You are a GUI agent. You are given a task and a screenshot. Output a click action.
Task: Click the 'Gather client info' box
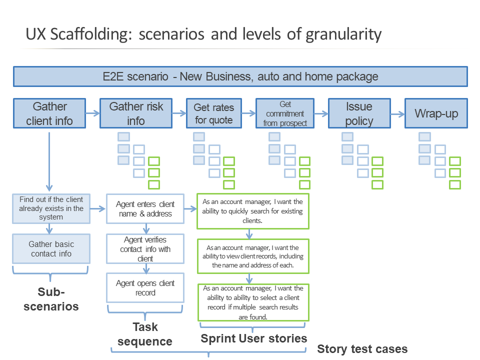[49, 113]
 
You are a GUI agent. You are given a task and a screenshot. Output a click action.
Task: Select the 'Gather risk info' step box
[135, 113]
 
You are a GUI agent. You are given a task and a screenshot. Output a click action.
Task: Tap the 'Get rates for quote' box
[213, 114]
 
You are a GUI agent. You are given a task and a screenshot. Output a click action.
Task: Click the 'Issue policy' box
[359, 114]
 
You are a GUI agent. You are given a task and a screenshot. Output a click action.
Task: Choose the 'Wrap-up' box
[436, 114]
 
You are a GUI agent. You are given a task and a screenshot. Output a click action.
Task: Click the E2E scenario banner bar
[240, 76]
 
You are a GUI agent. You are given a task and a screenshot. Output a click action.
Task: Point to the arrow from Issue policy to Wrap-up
[397, 114]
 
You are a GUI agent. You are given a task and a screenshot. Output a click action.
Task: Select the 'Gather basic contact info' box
[50, 249]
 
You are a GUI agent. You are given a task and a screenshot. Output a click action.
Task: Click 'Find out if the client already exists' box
[50, 208]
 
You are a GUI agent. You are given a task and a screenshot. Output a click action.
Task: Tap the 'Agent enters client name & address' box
[145, 209]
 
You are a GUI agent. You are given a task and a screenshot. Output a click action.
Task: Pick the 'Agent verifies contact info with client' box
[145, 249]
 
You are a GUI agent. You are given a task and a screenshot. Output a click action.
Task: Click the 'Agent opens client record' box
[145, 287]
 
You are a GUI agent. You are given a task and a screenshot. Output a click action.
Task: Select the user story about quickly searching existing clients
[253, 210]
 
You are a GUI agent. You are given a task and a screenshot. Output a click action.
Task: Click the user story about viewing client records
[253, 256]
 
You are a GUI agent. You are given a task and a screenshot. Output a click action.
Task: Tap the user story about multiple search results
[253, 302]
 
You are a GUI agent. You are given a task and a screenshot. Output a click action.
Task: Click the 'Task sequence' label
[145, 334]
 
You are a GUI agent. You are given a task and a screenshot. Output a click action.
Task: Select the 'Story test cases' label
[362, 349]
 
